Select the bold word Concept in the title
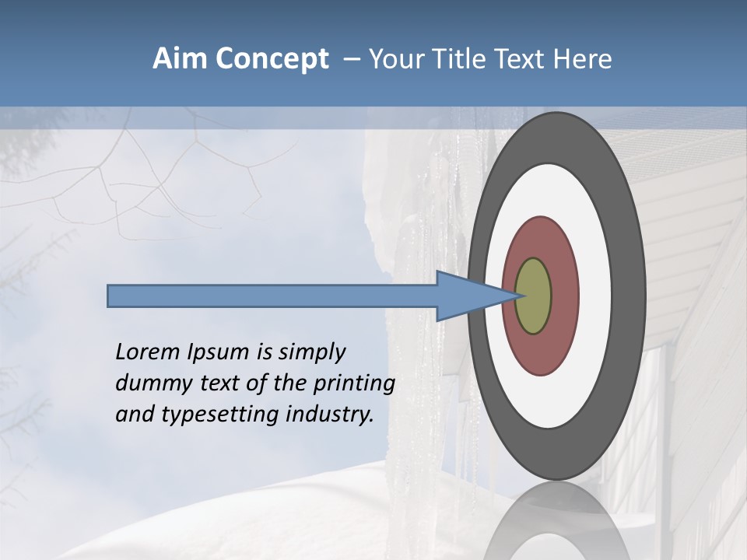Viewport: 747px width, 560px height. coord(272,59)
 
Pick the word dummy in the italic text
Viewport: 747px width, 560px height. coord(149,383)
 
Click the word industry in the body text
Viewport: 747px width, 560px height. coord(330,415)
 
